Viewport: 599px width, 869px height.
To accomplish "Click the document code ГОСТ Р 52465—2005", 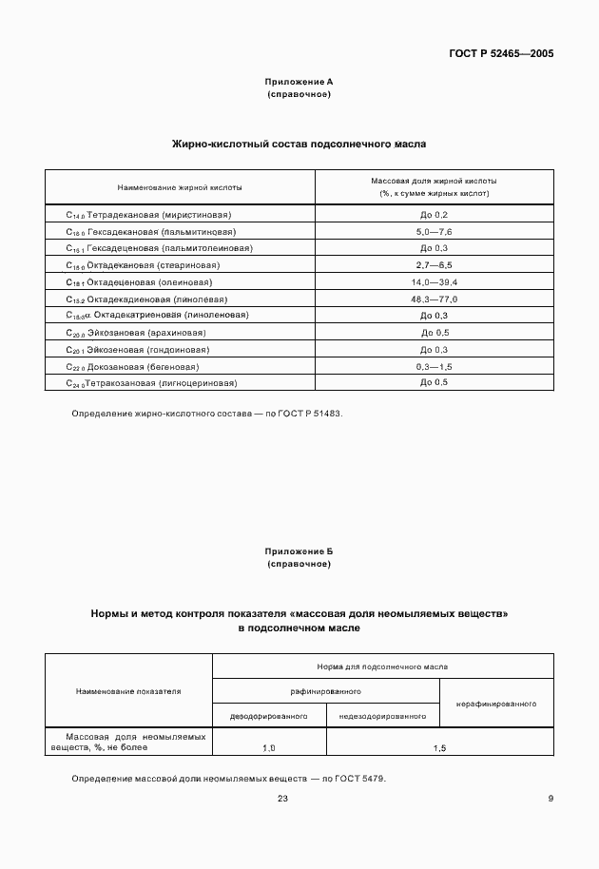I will [500, 54].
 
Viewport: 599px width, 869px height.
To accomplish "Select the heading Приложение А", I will [299, 83].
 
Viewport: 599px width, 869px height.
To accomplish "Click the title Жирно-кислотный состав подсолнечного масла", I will [299, 145].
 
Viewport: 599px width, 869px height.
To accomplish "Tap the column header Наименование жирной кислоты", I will [180, 186].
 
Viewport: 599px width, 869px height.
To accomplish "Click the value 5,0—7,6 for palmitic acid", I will [434, 232].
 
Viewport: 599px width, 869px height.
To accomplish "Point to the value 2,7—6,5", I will [434, 265].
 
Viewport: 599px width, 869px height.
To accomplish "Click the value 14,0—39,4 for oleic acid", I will [434, 282].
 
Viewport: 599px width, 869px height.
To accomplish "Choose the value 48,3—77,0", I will [434, 299].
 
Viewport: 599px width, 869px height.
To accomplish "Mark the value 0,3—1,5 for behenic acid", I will [434, 366].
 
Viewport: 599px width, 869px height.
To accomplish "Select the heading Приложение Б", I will [299, 551].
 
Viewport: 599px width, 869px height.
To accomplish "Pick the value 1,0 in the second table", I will [269, 749].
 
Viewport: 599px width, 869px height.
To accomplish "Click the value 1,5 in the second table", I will [439, 749].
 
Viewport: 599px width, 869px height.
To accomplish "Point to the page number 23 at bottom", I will [282, 799].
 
